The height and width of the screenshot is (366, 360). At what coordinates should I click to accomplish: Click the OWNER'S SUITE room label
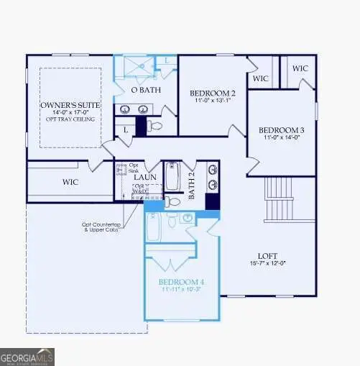pos(70,106)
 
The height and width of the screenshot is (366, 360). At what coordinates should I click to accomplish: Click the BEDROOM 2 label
pos(212,93)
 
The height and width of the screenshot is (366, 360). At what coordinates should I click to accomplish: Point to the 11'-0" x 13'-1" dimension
pos(212,101)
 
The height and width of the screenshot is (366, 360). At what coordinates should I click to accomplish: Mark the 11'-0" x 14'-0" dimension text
pos(281,138)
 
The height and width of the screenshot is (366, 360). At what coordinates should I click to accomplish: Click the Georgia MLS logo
pos(27,356)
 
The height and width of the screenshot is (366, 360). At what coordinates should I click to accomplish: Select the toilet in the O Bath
pos(156,126)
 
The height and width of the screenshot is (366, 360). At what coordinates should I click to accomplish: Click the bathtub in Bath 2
pos(173,176)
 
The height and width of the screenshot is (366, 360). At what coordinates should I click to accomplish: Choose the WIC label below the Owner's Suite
pos(70,182)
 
